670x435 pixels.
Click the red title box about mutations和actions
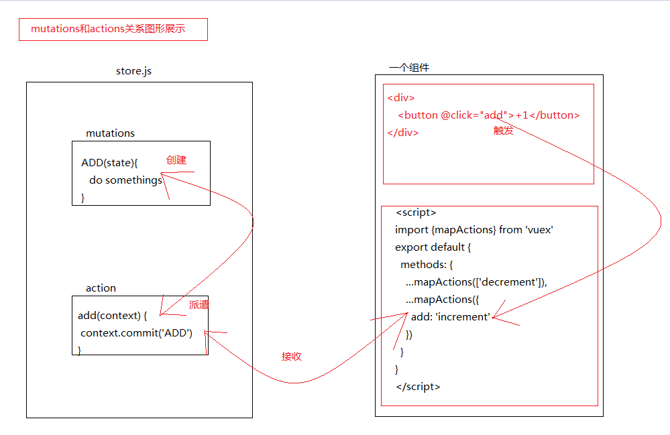pyautogui.click(x=113, y=29)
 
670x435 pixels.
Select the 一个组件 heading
pyautogui.click(x=409, y=68)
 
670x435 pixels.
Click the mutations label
pyautogui.click(x=110, y=133)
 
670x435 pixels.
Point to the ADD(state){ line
pyautogui.click(x=109, y=163)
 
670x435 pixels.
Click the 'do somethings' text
pyautogui.click(x=125, y=180)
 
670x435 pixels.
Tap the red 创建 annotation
pyautogui.click(x=176, y=160)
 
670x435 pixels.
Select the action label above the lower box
pyautogui.click(x=101, y=288)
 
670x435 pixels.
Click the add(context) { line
pyautogui.click(x=112, y=316)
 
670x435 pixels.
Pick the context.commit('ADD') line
pyautogui.click(x=136, y=333)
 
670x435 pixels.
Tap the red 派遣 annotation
pyautogui.click(x=199, y=304)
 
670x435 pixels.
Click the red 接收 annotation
pyautogui.click(x=292, y=357)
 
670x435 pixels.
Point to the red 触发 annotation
pyautogui.click(x=504, y=131)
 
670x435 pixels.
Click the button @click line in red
pyautogui.click(x=488, y=115)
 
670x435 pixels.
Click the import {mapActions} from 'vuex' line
pyautogui.click(x=473, y=230)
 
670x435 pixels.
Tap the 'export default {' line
pyautogui.click(x=433, y=247)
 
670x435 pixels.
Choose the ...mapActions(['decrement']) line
pyautogui.click(x=476, y=282)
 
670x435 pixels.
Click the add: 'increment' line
pyautogui.click(x=451, y=317)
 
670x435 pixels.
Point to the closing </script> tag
pyautogui.click(x=418, y=387)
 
